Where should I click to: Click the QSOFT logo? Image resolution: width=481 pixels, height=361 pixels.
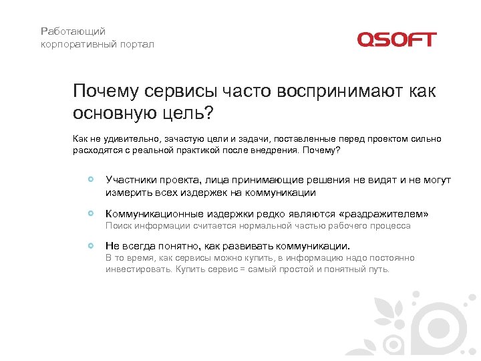[396, 39]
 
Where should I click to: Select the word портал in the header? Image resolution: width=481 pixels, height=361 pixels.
[137, 44]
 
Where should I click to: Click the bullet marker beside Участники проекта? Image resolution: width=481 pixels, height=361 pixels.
[91, 180]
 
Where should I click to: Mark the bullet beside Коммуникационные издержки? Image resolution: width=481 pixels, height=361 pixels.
[91, 213]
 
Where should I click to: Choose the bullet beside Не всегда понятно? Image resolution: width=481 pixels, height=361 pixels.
[91, 245]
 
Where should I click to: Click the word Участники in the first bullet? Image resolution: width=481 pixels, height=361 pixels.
[130, 180]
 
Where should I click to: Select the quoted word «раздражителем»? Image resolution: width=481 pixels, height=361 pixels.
[384, 213]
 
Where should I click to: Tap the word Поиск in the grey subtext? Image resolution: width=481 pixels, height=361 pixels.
[118, 226]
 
